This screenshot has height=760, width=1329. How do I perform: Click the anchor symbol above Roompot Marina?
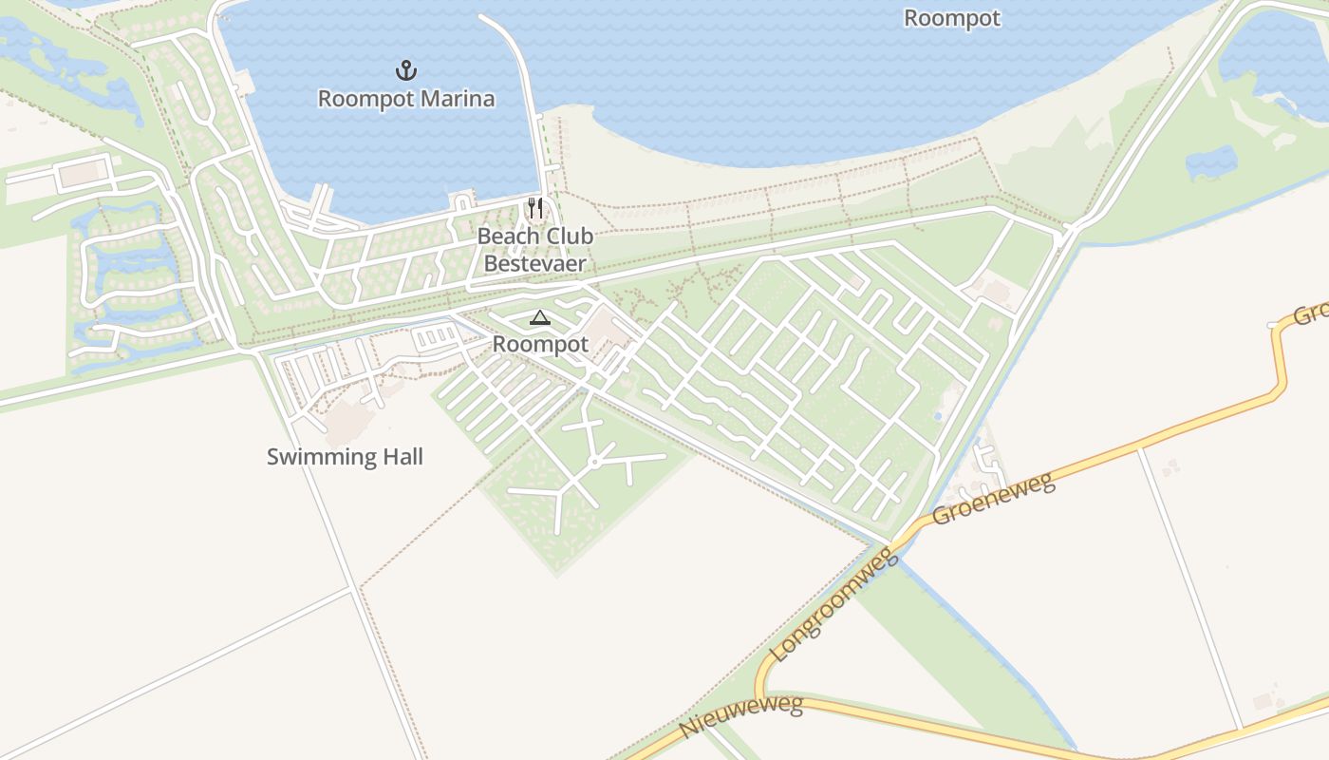click(406, 70)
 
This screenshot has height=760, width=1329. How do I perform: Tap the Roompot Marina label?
click(406, 99)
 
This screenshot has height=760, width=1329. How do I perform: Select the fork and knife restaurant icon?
click(535, 208)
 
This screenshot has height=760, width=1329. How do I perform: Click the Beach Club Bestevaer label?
click(534, 250)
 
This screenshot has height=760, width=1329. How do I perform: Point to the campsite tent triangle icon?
click(539, 318)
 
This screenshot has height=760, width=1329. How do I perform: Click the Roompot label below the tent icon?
click(540, 345)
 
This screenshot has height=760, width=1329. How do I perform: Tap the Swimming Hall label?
click(345, 457)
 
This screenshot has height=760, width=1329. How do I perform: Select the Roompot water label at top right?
click(951, 18)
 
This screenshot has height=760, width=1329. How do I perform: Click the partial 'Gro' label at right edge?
click(1311, 314)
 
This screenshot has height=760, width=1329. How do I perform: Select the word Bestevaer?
click(534, 263)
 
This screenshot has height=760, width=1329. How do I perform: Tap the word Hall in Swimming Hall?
click(402, 457)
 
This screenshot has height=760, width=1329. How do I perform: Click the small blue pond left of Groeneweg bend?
click(938, 416)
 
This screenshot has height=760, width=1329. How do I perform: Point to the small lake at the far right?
click(1210, 163)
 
